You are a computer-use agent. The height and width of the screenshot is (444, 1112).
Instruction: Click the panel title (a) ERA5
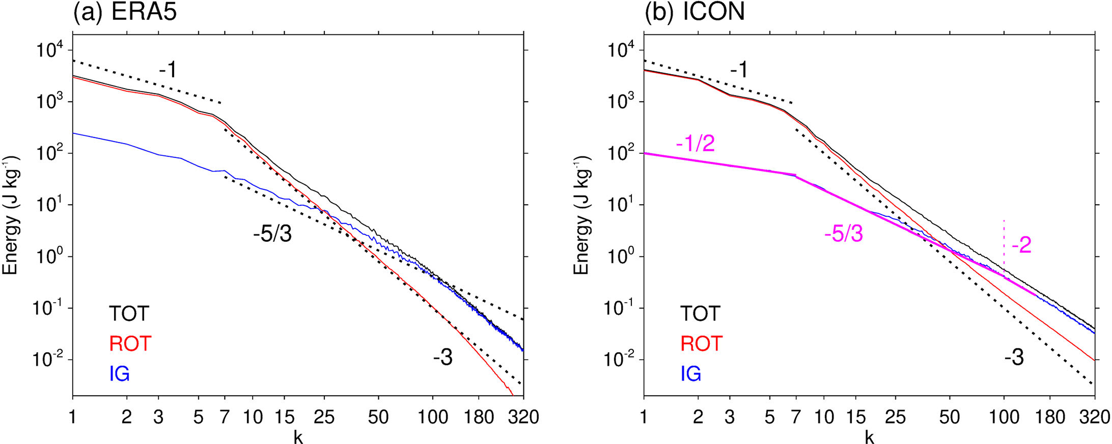tap(125, 12)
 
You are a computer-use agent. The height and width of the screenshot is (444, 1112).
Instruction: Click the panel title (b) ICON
tap(695, 12)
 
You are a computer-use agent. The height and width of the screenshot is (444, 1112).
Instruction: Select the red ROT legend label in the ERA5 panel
tap(130, 343)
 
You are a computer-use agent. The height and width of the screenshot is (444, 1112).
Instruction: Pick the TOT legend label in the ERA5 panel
tap(129, 313)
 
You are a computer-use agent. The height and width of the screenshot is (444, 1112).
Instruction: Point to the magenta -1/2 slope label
tap(695, 144)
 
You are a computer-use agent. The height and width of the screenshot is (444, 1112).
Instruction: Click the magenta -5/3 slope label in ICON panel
tap(843, 234)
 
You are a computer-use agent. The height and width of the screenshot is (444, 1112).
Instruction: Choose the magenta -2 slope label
tap(1021, 246)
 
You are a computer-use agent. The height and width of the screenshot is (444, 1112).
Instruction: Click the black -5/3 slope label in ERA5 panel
tap(273, 234)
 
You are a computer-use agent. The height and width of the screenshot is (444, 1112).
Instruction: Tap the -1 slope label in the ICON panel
tap(739, 70)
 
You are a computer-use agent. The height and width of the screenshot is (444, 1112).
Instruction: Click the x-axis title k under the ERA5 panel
tap(298, 437)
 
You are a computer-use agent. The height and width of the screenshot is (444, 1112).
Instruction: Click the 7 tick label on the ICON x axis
tap(795, 417)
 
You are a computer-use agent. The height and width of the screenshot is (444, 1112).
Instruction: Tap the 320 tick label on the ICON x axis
tap(1094, 417)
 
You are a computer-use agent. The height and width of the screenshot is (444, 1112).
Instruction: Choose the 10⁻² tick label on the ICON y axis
tap(617, 360)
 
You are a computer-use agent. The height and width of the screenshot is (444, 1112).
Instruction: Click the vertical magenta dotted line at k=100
tap(1004, 242)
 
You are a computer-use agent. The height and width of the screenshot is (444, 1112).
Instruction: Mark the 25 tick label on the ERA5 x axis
tap(324, 417)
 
